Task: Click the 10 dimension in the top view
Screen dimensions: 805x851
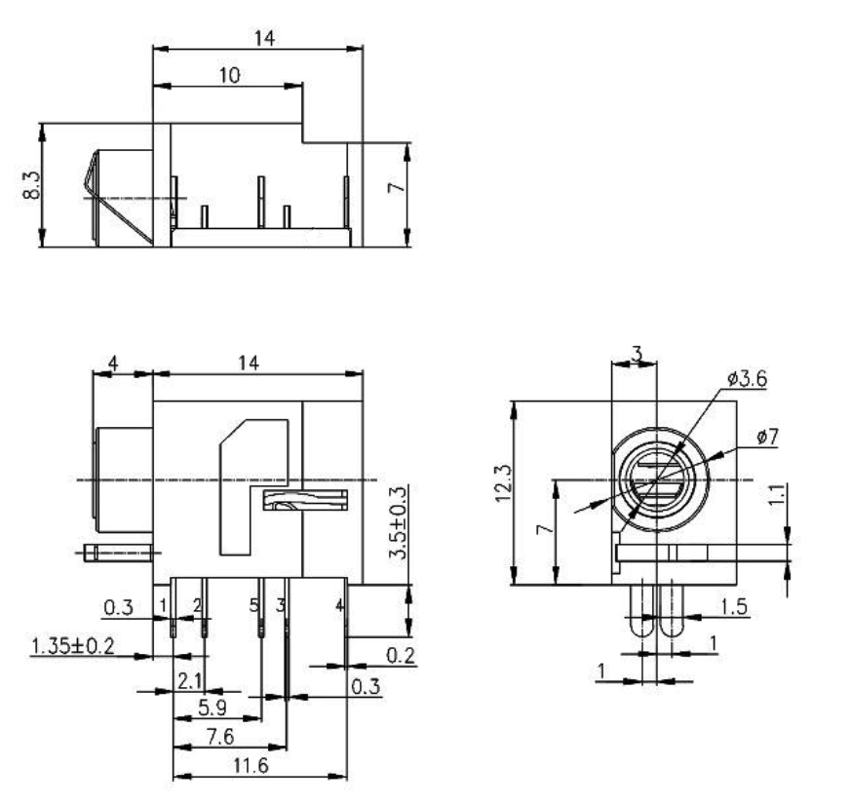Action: click(x=230, y=74)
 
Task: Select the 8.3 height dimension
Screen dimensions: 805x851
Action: click(x=34, y=184)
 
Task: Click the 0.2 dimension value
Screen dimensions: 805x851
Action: click(x=398, y=656)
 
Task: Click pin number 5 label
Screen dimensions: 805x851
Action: click(x=253, y=606)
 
